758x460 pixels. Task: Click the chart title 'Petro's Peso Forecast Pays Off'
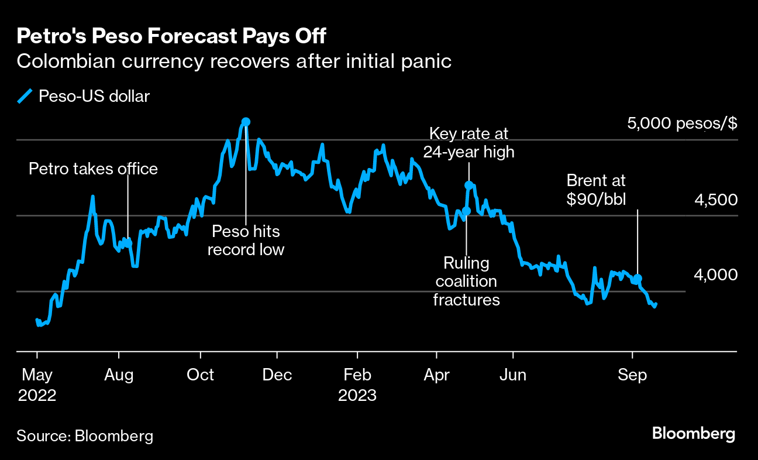171,36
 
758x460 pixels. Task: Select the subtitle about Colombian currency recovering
234,61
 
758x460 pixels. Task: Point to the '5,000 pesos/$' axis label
682,123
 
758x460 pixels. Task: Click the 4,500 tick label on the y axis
716,200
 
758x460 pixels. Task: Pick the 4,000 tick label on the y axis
716,274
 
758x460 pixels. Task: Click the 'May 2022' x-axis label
37,385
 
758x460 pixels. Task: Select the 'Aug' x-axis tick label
119,375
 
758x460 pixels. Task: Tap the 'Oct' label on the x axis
201,375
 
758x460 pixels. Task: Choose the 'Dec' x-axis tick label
278,375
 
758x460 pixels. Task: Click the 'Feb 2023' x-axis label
357,385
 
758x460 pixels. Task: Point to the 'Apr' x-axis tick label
436,375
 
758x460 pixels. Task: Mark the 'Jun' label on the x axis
513,375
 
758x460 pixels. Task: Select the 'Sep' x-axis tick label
632,375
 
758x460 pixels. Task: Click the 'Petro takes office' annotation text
94,169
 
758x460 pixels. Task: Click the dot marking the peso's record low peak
246,122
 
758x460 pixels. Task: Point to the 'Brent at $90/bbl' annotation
596,190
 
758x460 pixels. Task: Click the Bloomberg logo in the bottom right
693,434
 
